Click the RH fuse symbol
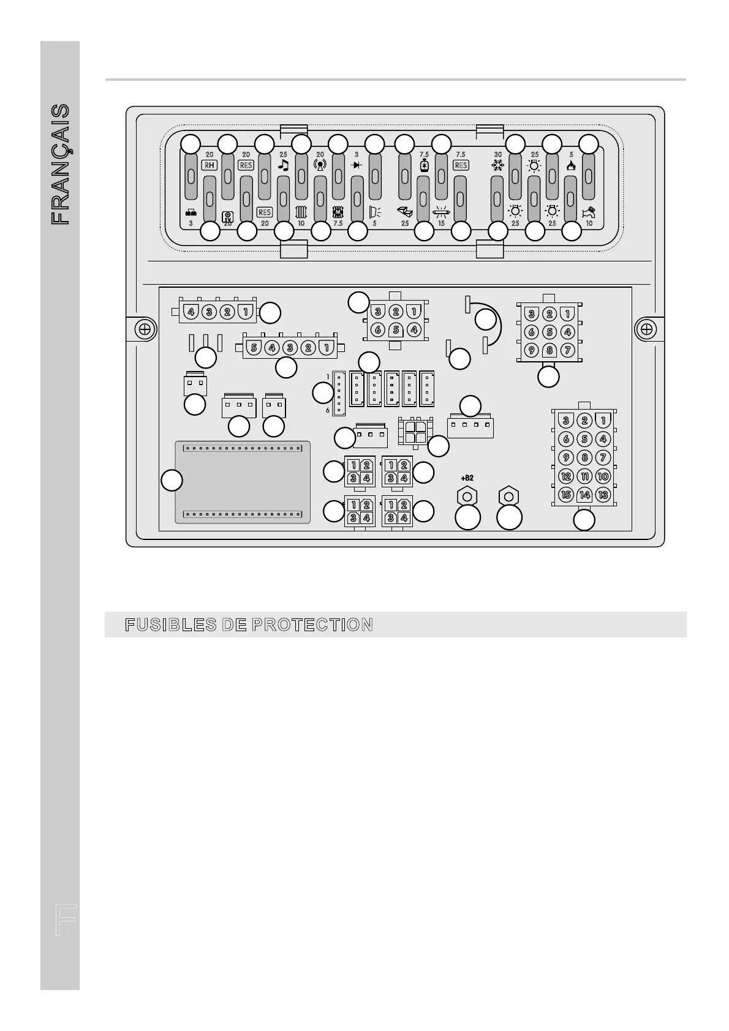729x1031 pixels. pyautogui.click(x=210, y=165)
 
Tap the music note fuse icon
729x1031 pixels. pyautogui.click(x=283, y=165)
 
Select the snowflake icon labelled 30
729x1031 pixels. pyautogui.click(x=497, y=165)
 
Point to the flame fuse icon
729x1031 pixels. pyautogui.click(x=571, y=165)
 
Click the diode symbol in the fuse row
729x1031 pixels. pyautogui.click(x=357, y=165)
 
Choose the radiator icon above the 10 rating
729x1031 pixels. pyautogui.click(x=301, y=212)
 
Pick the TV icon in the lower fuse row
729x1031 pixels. pyautogui.click(x=227, y=216)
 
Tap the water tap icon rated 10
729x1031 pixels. pyautogui.click(x=589, y=212)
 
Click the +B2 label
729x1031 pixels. pyautogui.click(x=467, y=478)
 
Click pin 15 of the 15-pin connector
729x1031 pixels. pyautogui.click(x=566, y=495)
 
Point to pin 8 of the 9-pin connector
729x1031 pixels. pyautogui.click(x=550, y=351)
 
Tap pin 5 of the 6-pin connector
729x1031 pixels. pyautogui.click(x=396, y=330)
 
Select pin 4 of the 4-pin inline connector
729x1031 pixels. pyautogui.click(x=191, y=312)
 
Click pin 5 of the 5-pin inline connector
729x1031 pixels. pyautogui.click(x=254, y=348)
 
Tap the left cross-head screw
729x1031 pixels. pyautogui.click(x=145, y=329)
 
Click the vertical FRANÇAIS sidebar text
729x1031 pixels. pyautogui.click(x=60, y=164)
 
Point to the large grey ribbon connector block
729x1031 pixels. pyautogui.click(x=243, y=482)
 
